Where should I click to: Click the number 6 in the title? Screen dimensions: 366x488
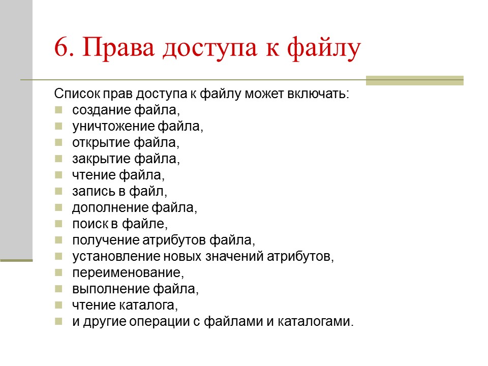pyautogui.click(x=61, y=49)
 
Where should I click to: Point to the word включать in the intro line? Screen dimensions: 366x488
pyautogui.click(x=323, y=95)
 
